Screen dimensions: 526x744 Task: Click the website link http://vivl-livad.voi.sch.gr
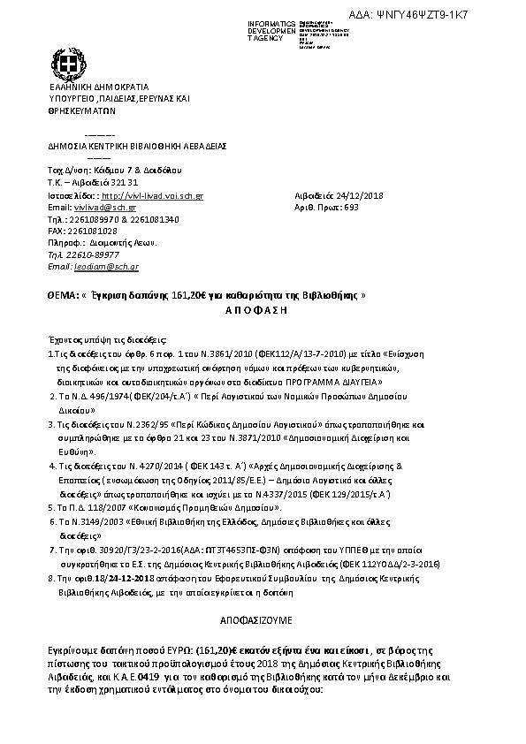(x=153, y=195)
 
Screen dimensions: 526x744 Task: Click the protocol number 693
(x=351, y=208)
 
